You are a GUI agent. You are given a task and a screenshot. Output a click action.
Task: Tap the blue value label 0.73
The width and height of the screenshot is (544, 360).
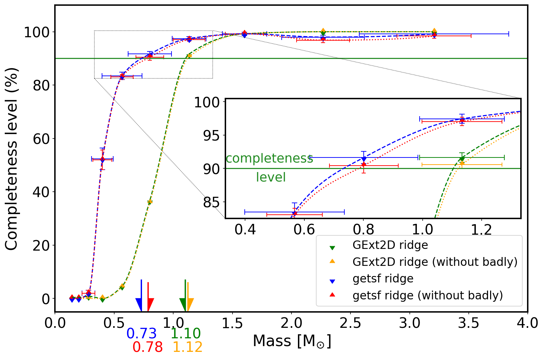pyautogui.click(x=141, y=334)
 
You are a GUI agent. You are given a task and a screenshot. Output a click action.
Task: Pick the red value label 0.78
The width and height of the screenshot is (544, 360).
pyautogui.click(x=147, y=347)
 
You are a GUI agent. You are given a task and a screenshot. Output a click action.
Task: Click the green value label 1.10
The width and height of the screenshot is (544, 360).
pyautogui.click(x=185, y=334)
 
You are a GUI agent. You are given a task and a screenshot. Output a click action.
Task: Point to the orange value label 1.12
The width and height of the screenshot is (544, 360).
pyautogui.click(x=187, y=347)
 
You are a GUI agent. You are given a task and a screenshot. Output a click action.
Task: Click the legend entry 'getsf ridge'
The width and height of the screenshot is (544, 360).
pyautogui.click(x=383, y=279)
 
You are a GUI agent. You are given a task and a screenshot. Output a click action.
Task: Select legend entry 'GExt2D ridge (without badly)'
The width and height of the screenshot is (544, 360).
pyautogui.click(x=435, y=262)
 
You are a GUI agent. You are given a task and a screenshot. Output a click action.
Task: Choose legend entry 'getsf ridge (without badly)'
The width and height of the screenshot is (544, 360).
pyautogui.click(x=428, y=295)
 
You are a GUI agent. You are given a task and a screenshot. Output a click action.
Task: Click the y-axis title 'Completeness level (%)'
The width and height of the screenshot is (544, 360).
pyautogui.click(x=12, y=159)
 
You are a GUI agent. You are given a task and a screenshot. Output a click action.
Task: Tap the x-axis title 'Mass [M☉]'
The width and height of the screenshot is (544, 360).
pyautogui.click(x=291, y=341)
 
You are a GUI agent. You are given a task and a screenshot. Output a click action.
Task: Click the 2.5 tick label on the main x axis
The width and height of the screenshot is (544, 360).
pyautogui.click(x=350, y=323)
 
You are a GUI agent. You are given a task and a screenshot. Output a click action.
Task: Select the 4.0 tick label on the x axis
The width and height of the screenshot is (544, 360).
pyautogui.click(x=527, y=323)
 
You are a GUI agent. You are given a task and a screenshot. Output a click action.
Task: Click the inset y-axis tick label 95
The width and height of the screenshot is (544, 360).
pyautogui.click(x=211, y=136)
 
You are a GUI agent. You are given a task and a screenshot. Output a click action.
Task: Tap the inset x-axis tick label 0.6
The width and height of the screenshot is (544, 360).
pyautogui.click(x=304, y=230)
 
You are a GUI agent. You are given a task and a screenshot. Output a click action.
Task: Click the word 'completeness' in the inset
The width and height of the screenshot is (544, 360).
pyautogui.click(x=269, y=158)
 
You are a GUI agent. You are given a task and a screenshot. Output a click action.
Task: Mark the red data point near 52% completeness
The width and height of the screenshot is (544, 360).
pyautogui.click(x=102, y=159)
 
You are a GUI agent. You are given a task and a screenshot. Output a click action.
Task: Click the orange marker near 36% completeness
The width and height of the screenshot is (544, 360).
pyautogui.click(x=150, y=202)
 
